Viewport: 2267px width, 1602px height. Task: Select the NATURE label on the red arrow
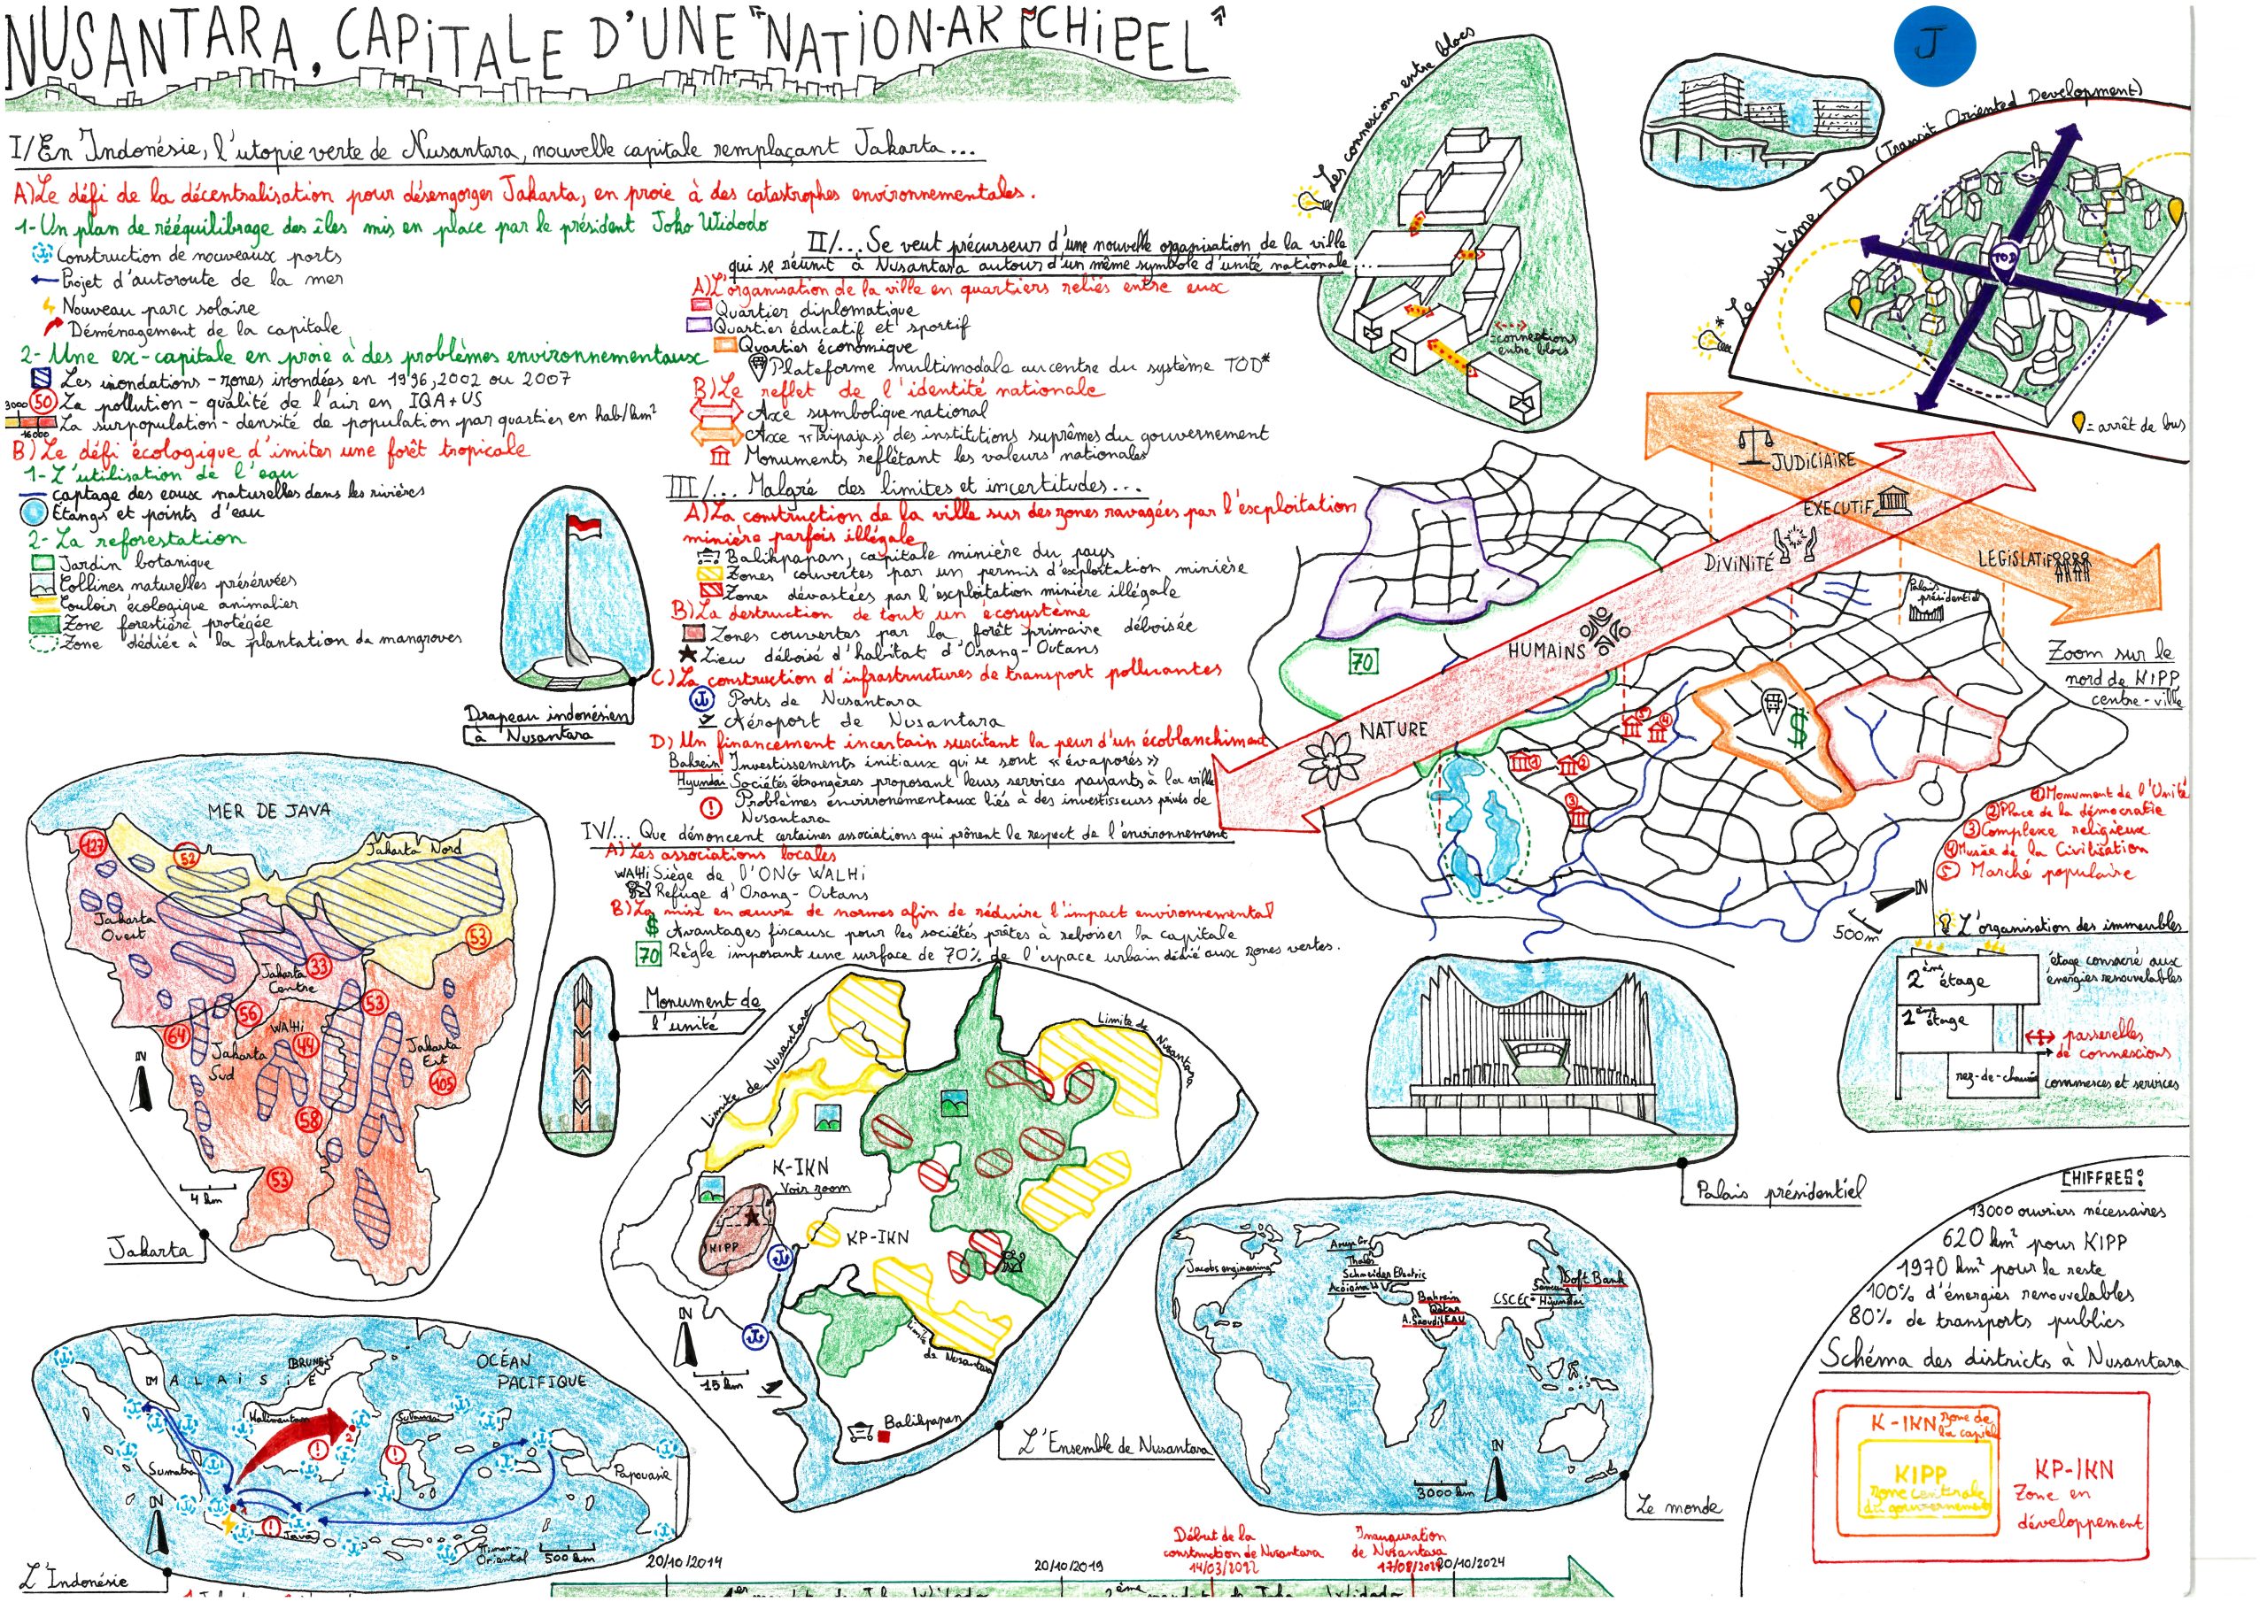[1393, 729]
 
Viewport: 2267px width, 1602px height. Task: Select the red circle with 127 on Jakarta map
[94, 845]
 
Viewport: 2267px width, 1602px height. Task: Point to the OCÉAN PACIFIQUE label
[516, 1372]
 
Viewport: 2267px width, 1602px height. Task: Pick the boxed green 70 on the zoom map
[1364, 661]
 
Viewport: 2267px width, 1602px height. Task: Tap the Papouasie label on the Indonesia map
[642, 1474]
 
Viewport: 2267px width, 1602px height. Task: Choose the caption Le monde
[1677, 1507]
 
